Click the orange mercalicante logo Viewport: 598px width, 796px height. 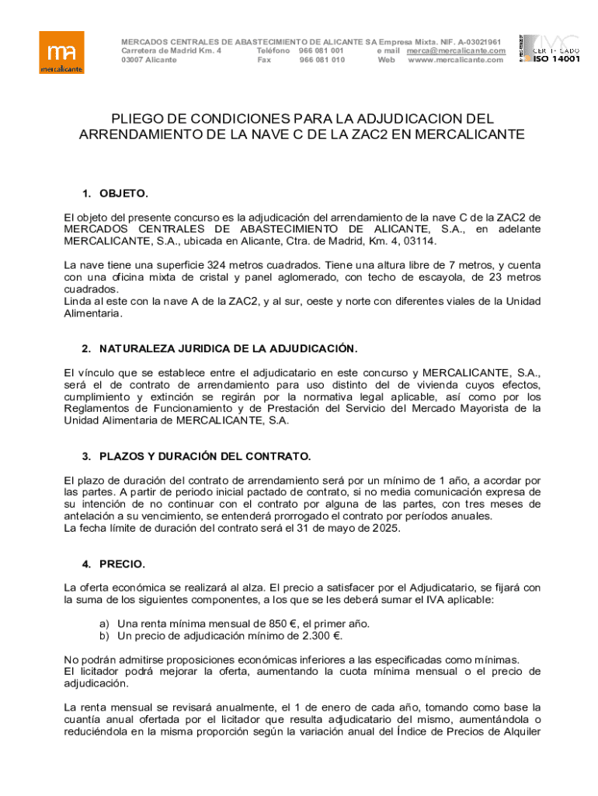tap(62, 52)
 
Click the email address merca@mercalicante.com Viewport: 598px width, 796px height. tap(456, 51)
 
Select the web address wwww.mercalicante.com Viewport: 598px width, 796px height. tap(455, 60)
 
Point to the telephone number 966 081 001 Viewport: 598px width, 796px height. tap(322, 51)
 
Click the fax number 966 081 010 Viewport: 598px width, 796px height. tap(322, 60)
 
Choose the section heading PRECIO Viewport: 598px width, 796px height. tap(122, 564)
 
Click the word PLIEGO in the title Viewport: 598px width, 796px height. tap(138, 119)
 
